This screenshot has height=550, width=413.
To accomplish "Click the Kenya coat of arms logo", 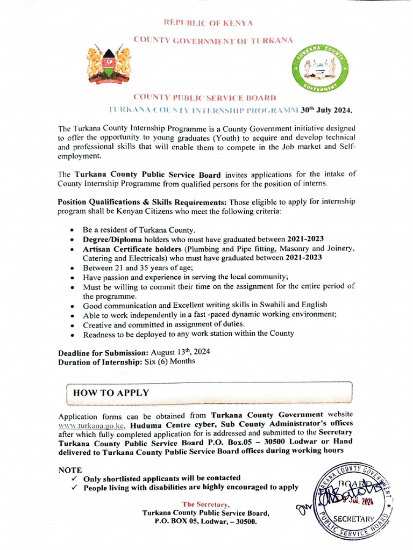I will click(x=109, y=66).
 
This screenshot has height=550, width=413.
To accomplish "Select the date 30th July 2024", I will click(x=326, y=110).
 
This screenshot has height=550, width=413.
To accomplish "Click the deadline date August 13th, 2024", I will click(x=179, y=352).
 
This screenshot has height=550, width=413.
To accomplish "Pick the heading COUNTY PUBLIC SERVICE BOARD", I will click(x=205, y=98).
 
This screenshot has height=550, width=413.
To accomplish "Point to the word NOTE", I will click(x=70, y=469).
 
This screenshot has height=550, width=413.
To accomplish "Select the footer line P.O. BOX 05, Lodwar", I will click(x=205, y=522).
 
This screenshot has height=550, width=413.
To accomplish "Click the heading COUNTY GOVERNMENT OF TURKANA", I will click(x=206, y=40).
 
